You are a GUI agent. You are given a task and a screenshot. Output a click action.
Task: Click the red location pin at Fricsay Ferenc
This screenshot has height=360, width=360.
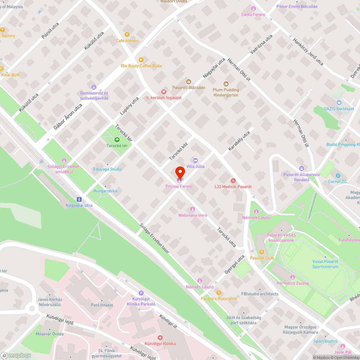[x=180, y=172]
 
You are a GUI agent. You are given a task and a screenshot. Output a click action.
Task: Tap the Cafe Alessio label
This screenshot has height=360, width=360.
[x=127, y=41]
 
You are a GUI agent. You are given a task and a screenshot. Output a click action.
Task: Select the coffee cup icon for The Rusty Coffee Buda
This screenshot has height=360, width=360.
[x=141, y=60]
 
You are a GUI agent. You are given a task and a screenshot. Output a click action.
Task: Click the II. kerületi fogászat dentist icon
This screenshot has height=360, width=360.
[x=163, y=92]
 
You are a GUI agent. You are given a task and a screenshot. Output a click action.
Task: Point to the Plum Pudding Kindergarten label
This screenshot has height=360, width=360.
[x=226, y=93]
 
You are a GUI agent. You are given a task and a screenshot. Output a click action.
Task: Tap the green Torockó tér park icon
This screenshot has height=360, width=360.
[x=117, y=140]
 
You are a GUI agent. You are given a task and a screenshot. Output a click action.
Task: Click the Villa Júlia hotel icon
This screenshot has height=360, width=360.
[x=195, y=160]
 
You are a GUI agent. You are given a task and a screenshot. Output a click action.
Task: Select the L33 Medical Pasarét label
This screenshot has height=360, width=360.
[x=233, y=187]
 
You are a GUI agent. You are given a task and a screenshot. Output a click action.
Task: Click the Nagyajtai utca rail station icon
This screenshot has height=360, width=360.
[x=79, y=199]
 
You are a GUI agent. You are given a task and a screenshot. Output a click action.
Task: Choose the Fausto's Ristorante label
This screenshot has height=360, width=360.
[x=219, y=299]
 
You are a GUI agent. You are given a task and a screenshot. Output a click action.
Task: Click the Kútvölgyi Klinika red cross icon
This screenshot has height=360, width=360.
[x=160, y=338]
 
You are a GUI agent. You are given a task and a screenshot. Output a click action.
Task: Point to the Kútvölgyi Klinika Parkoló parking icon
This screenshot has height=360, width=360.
[x=141, y=293]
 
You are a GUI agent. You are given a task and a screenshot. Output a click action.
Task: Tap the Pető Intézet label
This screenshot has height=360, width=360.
[x=102, y=305]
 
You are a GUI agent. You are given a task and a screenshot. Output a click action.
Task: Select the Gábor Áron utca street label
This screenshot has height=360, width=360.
[x=68, y=117]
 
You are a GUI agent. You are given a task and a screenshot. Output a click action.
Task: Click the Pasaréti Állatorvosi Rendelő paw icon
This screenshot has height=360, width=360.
[x=302, y=168]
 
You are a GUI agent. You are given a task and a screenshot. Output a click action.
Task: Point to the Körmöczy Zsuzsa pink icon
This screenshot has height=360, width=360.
[x=293, y=277]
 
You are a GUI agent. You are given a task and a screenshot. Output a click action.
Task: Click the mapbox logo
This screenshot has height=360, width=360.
[x=16, y=355]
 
